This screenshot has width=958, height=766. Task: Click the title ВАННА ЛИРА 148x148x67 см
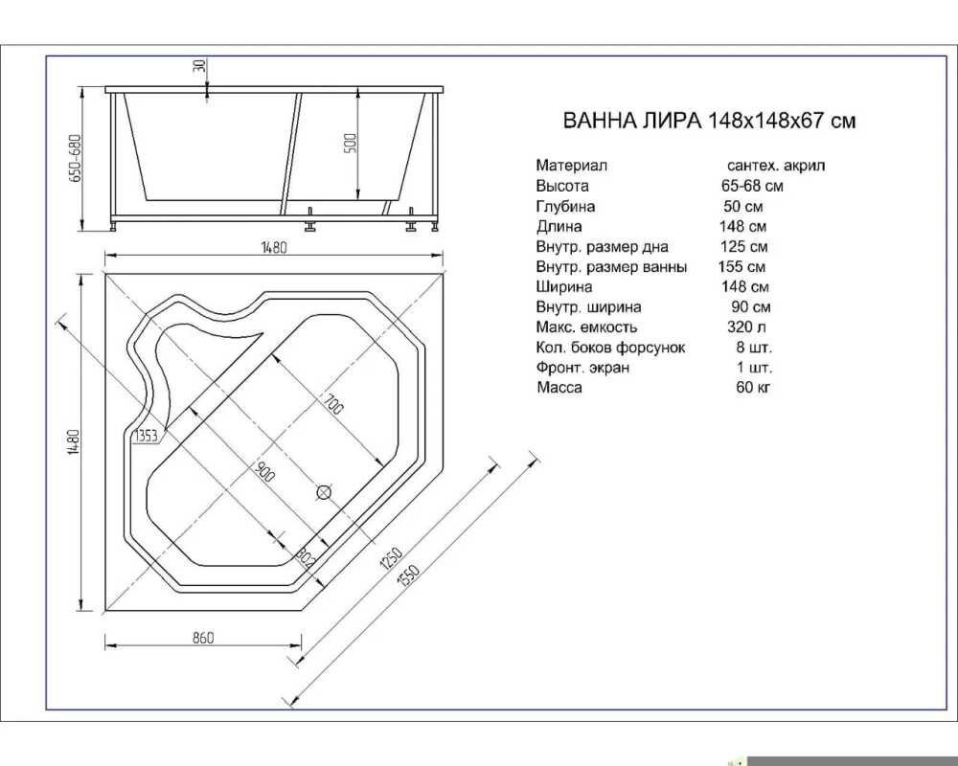pyautogui.click(x=709, y=121)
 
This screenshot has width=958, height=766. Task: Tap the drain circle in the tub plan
pyautogui.click(x=324, y=492)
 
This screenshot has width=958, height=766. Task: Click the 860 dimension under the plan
pyautogui.click(x=203, y=638)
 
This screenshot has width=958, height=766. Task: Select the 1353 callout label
pyautogui.click(x=146, y=436)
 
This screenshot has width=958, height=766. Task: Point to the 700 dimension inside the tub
pyautogui.click(x=334, y=404)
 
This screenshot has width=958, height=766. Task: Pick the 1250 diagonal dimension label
pyautogui.click(x=391, y=557)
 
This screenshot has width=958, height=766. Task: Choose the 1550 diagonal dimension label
pyautogui.click(x=408, y=575)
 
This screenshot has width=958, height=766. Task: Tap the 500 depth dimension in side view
pyautogui.click(x=351, y=144)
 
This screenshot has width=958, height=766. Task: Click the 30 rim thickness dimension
pyautogui.click(x=200, y=65)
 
